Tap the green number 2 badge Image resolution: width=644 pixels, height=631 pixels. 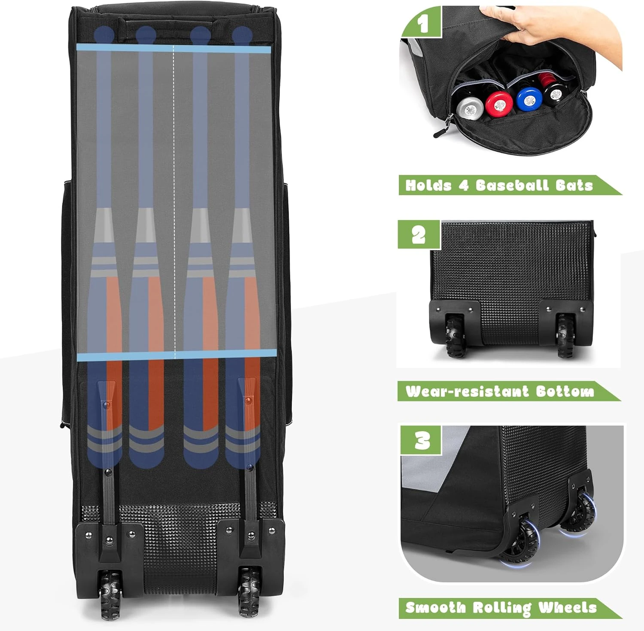(419, 234)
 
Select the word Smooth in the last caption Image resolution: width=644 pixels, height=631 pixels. (435, 607)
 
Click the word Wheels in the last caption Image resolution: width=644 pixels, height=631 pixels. (567, 607)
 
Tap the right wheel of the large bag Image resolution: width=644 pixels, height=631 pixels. (249, 592)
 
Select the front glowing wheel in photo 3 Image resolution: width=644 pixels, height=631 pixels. (521, 541)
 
